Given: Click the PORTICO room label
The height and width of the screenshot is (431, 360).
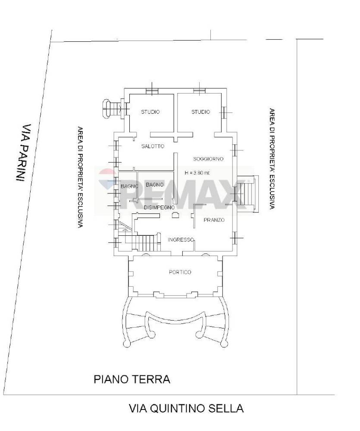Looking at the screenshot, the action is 180,272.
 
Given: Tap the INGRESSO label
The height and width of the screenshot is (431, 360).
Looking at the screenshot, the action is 181,240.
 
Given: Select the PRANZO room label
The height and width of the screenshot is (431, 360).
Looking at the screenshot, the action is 214,220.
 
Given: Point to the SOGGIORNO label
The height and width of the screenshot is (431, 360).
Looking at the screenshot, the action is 208,159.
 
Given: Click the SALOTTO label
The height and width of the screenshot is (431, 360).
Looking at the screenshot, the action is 153,146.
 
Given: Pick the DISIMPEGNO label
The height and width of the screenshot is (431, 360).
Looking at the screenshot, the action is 159,208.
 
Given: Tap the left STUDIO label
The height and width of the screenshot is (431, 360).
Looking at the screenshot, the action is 150,112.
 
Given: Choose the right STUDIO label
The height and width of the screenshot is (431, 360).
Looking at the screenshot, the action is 200,112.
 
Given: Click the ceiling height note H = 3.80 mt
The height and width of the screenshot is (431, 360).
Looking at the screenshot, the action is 197,173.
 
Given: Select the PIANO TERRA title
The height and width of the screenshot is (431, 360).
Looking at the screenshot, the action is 132,379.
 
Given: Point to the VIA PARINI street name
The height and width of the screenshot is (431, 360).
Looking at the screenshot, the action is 24,153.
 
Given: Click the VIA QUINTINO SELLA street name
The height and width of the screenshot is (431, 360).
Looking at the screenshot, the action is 186,409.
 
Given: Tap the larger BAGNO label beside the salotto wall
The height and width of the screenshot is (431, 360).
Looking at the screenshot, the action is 155,185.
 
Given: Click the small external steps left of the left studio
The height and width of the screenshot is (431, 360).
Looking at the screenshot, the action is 112,109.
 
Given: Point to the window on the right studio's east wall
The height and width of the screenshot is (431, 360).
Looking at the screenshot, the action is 224,112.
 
